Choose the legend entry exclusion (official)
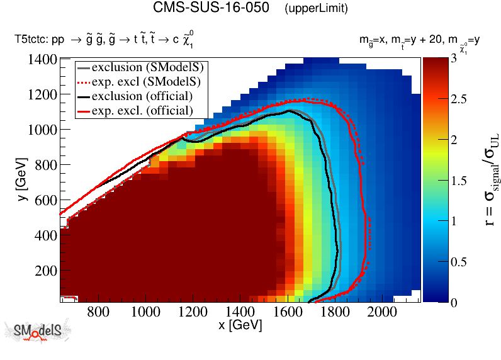tap(142, 96)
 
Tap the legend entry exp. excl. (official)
tap(143, 111)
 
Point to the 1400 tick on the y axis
tap(42, 60)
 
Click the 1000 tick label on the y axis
tap(42, 130)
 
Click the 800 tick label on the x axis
tap(96, 312)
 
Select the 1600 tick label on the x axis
tap(288, 312)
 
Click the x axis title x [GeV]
tap(240, 325)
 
